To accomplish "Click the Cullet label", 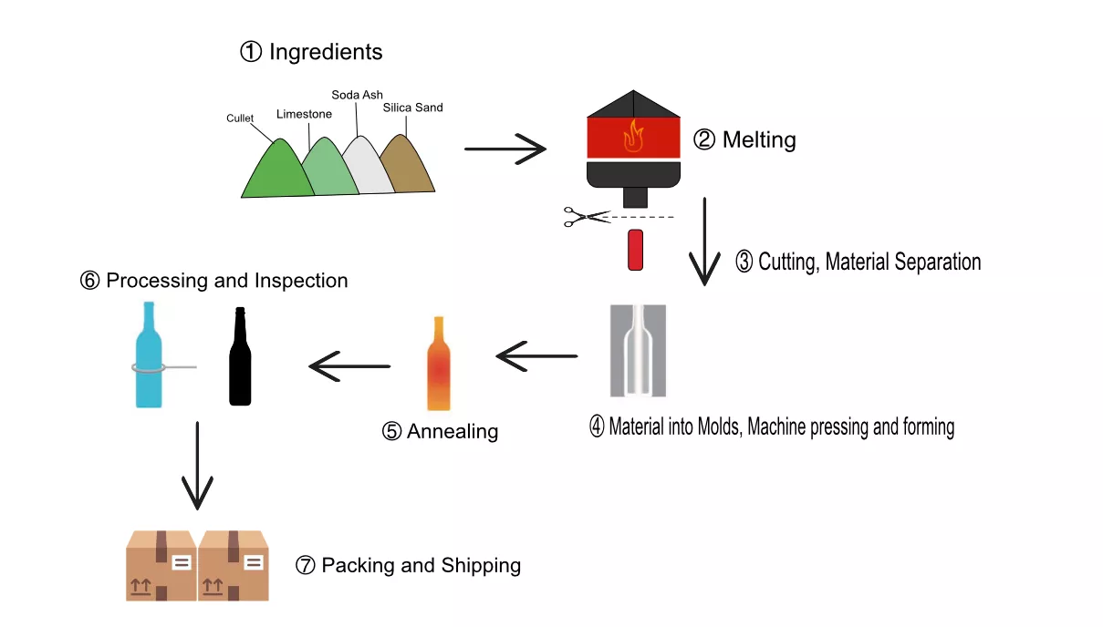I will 240,118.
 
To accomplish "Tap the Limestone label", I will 304,114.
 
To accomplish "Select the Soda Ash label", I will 357,95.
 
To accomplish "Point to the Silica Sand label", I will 412,108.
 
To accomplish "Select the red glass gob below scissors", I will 636,250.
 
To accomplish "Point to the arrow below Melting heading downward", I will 704,242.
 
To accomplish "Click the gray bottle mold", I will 638,351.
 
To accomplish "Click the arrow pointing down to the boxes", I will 197,465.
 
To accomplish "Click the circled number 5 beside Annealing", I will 391,431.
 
